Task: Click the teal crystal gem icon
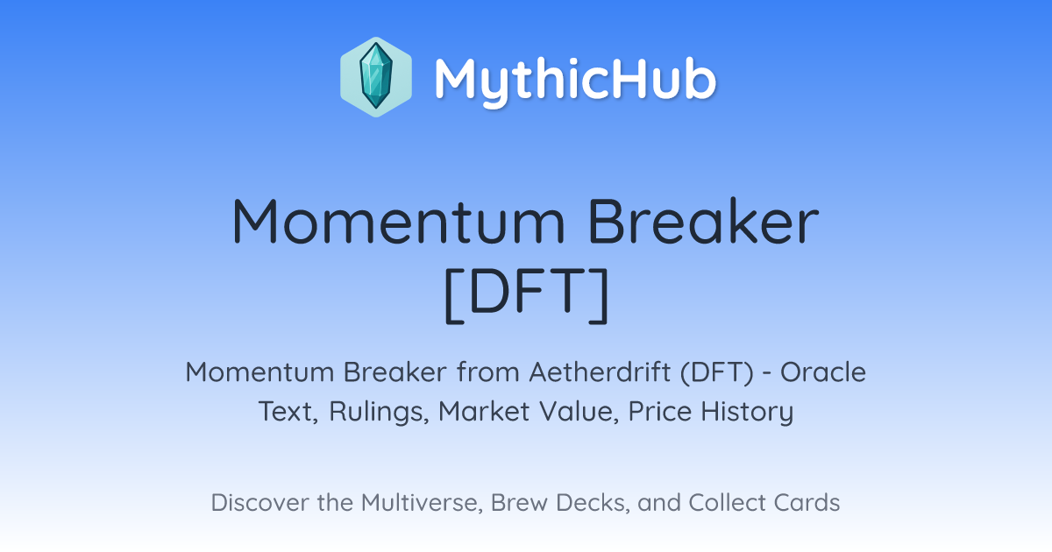(x=376, y=77)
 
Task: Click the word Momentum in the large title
(x=399, y=222)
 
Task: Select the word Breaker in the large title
(x=703, y=221)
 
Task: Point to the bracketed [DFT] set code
(x=526, y=294)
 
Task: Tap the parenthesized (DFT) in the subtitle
(x=717, y=372)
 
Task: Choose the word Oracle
(x=823, y=372)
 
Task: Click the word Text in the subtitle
(x=288, y=411)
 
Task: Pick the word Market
(x=484, y=411)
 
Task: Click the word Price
(x=659, y=411)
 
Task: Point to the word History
(x=747, y=412)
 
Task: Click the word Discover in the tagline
(x=259, y=502)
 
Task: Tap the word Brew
(x=519, y=502)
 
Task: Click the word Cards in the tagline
(x=807, y=502)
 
